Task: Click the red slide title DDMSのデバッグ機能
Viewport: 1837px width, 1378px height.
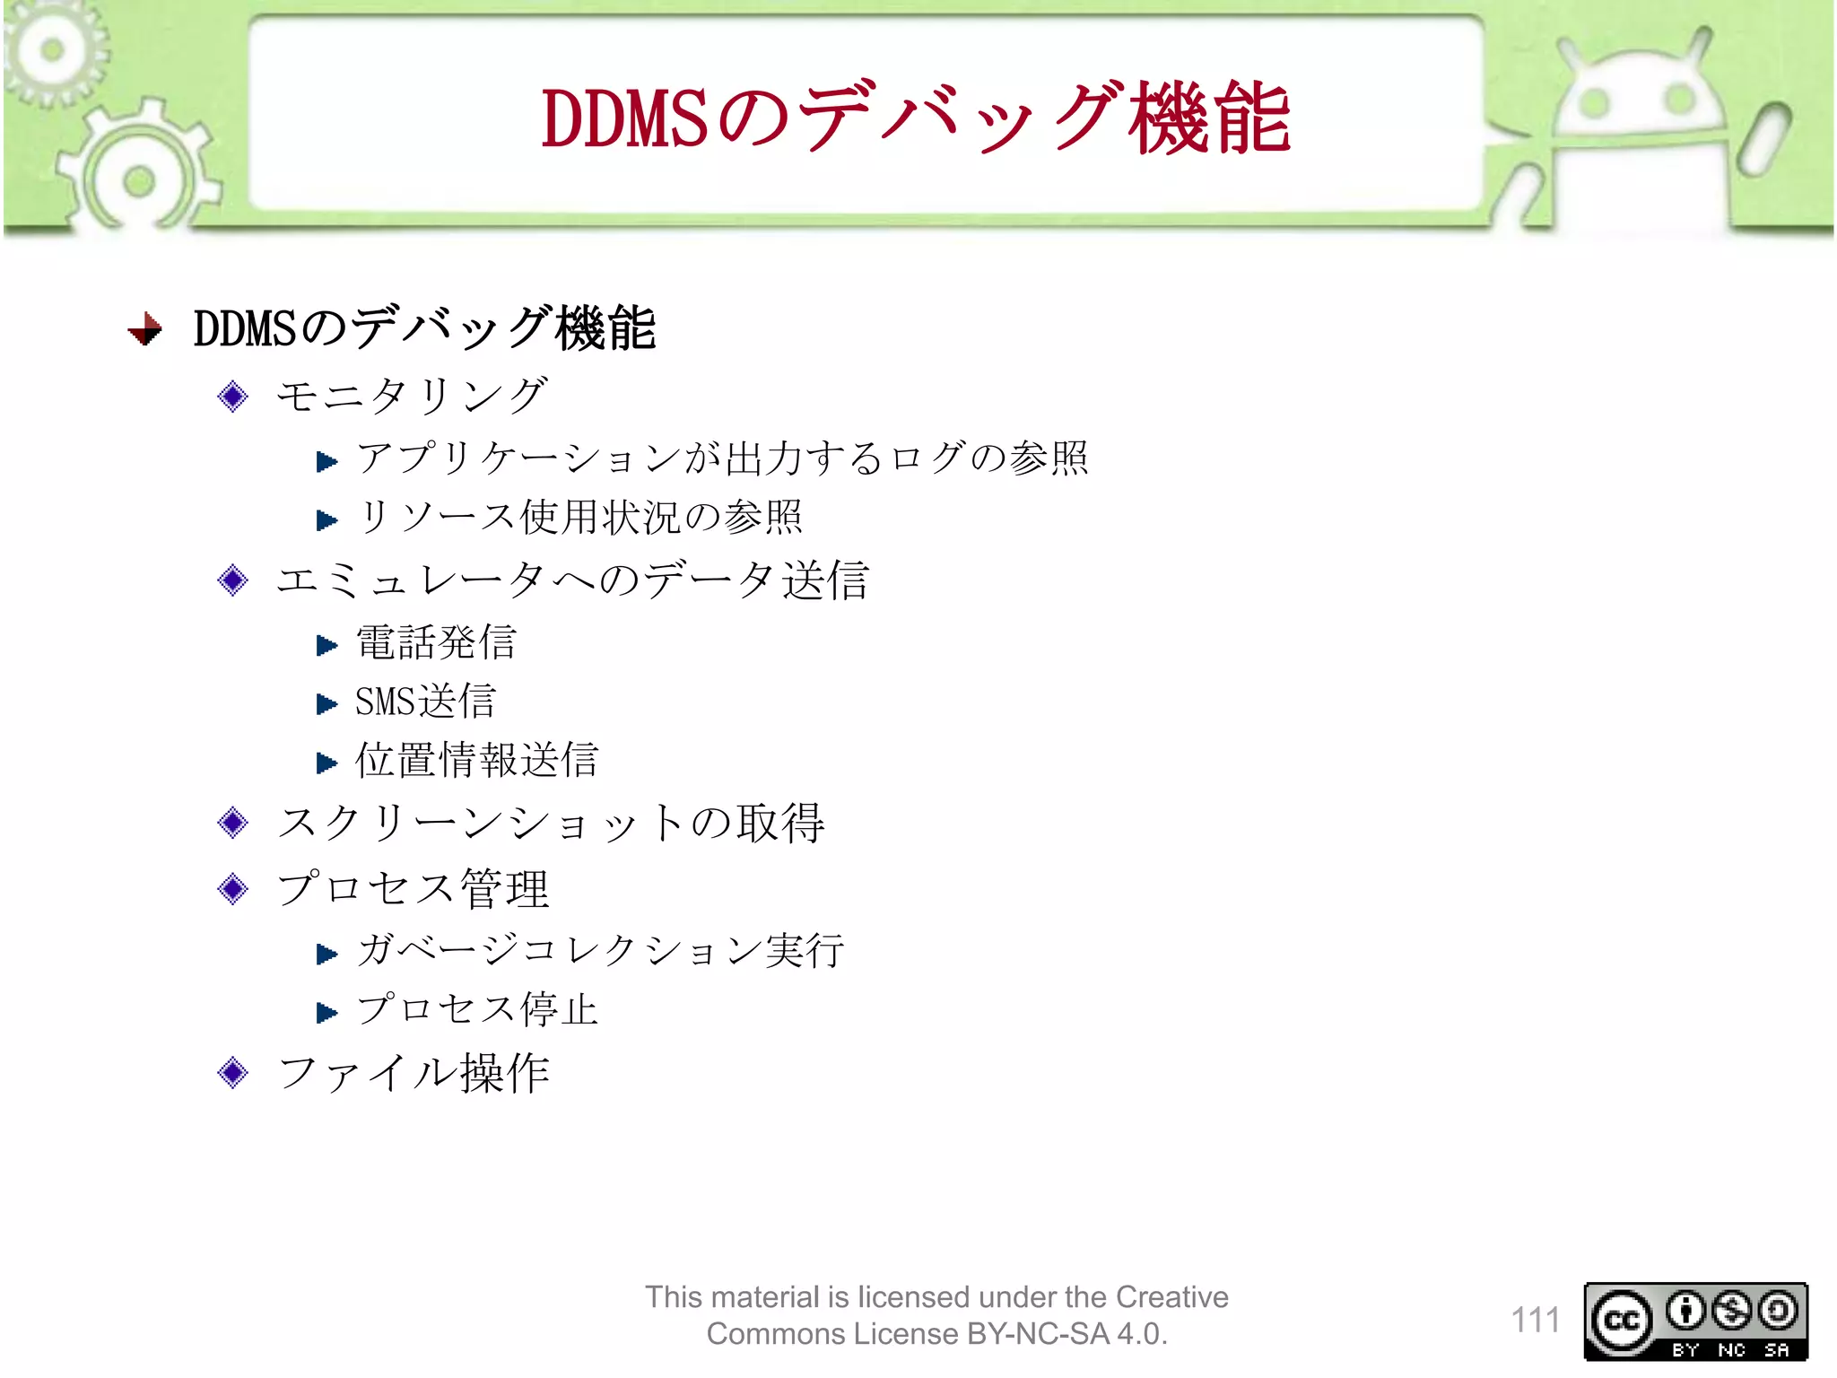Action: click(x=915, y=118)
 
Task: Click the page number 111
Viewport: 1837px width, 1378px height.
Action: click(x=1535, y=1320)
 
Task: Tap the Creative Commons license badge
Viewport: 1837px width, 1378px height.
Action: click(x=1695, y=1321)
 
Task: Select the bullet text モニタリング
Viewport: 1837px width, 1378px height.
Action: click(x=412, y=396)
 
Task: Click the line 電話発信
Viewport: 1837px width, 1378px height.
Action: click(x=436, y=642)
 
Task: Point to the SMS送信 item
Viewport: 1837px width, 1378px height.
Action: click(x=425, y=702)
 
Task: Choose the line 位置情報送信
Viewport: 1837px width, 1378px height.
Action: click(x=476, y=760)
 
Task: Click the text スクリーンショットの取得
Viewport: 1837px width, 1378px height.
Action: click(x=551, y=823)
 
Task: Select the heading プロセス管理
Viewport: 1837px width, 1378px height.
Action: click(x=413, y=889)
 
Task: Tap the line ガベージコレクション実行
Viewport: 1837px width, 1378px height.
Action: click(x=600, y=950)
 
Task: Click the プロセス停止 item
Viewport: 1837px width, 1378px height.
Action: click(x=477, y=1009)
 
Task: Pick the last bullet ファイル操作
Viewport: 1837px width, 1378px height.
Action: click(x=414, y=1073)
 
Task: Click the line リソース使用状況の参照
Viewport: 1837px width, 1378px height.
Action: click(x=579, y=518)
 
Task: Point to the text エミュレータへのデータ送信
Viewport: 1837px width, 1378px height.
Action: click(x=572, y=580)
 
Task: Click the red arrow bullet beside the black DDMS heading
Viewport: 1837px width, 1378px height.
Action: click(x=145, y=329)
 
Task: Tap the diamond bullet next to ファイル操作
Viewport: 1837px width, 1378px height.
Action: click(x=233, y=1072)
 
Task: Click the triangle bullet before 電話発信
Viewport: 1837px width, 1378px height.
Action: click(x=326, y=645)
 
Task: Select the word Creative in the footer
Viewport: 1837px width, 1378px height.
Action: click(x=1171, y=1297)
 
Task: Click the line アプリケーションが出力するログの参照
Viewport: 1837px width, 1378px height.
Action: click(x=722, y=458)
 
